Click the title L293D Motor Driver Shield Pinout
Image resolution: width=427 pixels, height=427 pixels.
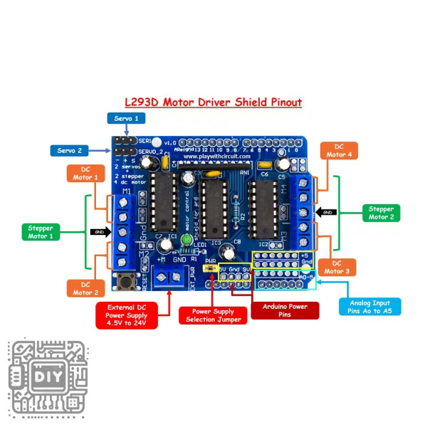pyautogui.click(x=213, y=102)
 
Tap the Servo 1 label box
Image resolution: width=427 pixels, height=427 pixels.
pyautogui.click(x=127, y=118)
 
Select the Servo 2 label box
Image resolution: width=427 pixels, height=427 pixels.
pyautogui.click(x=70, y=151)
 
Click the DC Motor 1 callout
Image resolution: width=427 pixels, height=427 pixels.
pyautogui.click(x=85, y=173)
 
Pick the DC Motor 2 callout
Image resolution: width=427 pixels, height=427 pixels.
pyautogui.click(x=85, y=288)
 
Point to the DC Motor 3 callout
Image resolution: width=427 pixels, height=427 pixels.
pyautogui.click(x=337, y=267)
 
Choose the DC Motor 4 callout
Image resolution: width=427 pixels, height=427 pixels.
pyautogui.click(x=339, y=150)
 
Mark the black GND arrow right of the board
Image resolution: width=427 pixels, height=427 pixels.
pyautogui.click(x=327, y=212)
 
